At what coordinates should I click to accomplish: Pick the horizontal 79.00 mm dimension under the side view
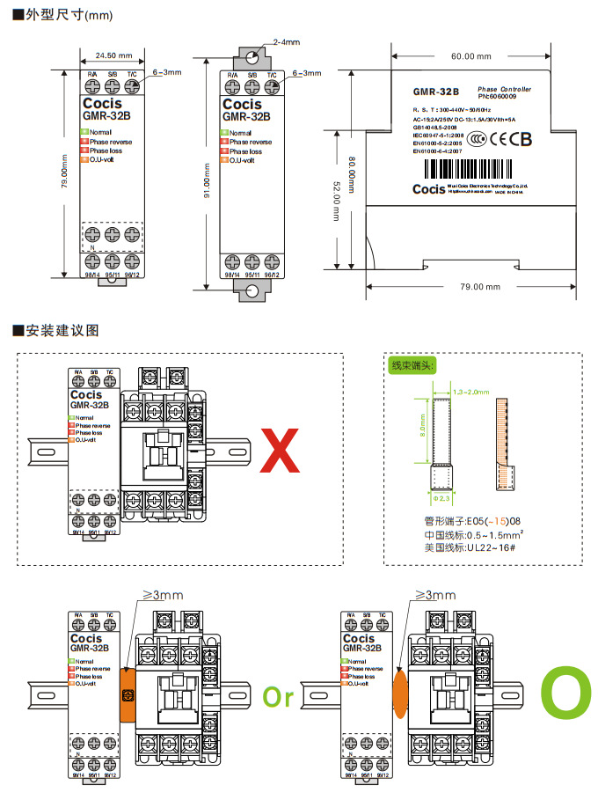479,287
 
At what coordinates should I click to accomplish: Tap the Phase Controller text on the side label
504,90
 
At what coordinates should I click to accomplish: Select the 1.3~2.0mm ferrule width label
470,391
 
